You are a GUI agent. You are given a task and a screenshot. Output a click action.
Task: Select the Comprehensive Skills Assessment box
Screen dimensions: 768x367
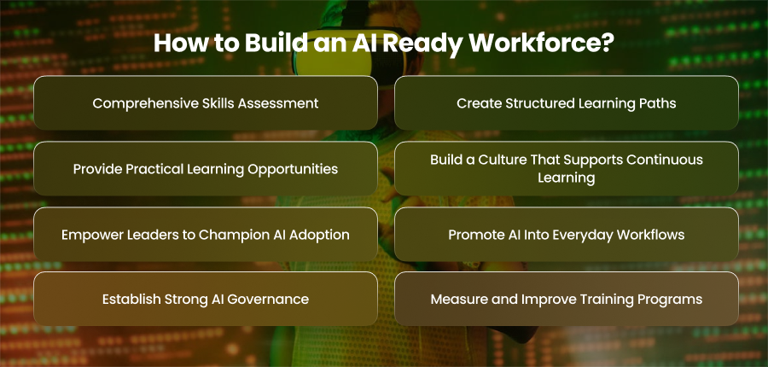[206, 103]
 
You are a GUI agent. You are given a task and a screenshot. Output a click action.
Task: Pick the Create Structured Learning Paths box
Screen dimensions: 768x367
[567, 103]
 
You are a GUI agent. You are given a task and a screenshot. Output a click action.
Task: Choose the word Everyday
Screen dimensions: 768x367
[579, 236]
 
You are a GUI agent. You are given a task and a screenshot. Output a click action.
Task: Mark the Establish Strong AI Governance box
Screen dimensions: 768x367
[206, 299]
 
